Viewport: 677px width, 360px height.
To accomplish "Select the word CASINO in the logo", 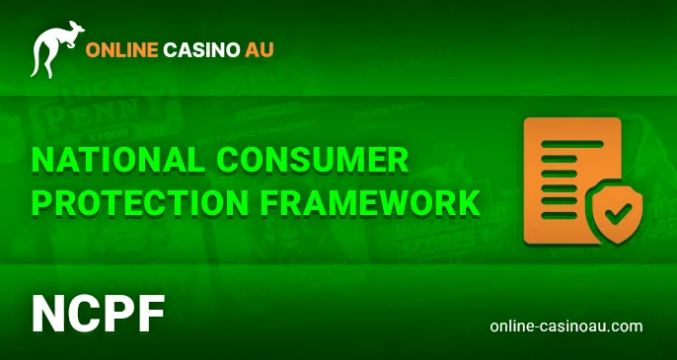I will click(201, 49).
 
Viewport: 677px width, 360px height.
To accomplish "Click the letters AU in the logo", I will click(260, 49).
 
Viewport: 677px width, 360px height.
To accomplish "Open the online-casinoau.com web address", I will click(565, 325).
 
